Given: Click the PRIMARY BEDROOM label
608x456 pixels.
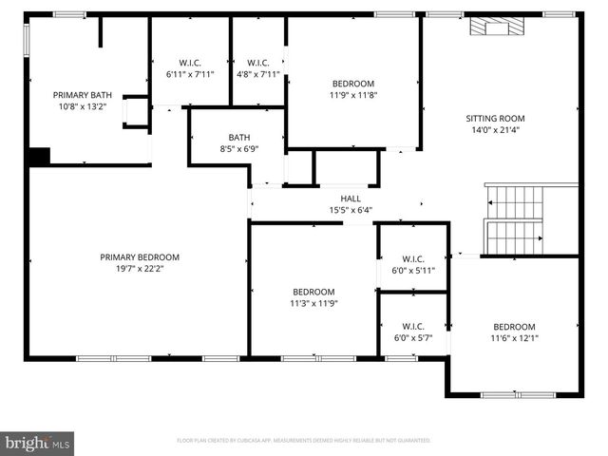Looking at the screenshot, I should click(140, 257).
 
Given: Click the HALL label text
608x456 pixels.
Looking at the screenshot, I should click(351, 199).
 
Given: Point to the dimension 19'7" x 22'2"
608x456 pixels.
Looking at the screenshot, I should click(140, 269).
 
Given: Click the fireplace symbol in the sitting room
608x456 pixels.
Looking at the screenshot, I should click(491, 28).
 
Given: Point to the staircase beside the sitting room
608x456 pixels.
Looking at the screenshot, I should click(514, 219).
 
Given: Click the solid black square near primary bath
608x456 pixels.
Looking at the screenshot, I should click(38, 157).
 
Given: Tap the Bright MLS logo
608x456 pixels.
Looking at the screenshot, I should click(38, 443).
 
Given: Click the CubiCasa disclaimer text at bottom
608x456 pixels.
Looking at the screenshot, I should click(304, 441).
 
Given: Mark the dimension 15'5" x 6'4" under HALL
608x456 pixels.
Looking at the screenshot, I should click(351, 210).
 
